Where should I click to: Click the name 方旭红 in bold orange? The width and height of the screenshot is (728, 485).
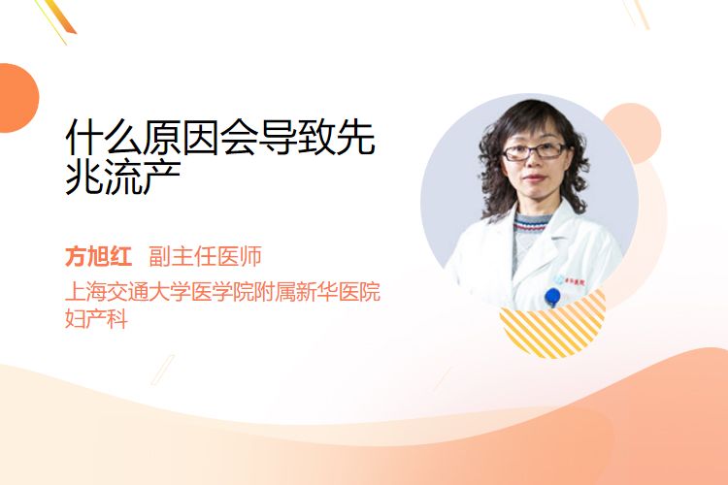click(x=98, y=256)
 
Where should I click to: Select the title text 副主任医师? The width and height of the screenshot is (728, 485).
click(x=205, y=256)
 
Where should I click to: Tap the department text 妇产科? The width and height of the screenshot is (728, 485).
click(x=96, y=319)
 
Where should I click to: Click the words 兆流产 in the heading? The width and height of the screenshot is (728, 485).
click(x=123, y=177)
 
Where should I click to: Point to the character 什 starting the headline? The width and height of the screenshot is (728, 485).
click(x=84, y=138)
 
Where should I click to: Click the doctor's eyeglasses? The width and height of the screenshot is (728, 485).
click(x=535, y=151)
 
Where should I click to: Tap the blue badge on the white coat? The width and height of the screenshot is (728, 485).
click(x=552, y=297)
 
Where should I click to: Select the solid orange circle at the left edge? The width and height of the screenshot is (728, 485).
click(x=17, y=98)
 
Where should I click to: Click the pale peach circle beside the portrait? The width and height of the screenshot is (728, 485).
click(x=635, y=131)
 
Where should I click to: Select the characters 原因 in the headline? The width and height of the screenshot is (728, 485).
click(x=181, y=138)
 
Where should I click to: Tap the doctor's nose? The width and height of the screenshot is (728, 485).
click(x=534, y=163)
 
